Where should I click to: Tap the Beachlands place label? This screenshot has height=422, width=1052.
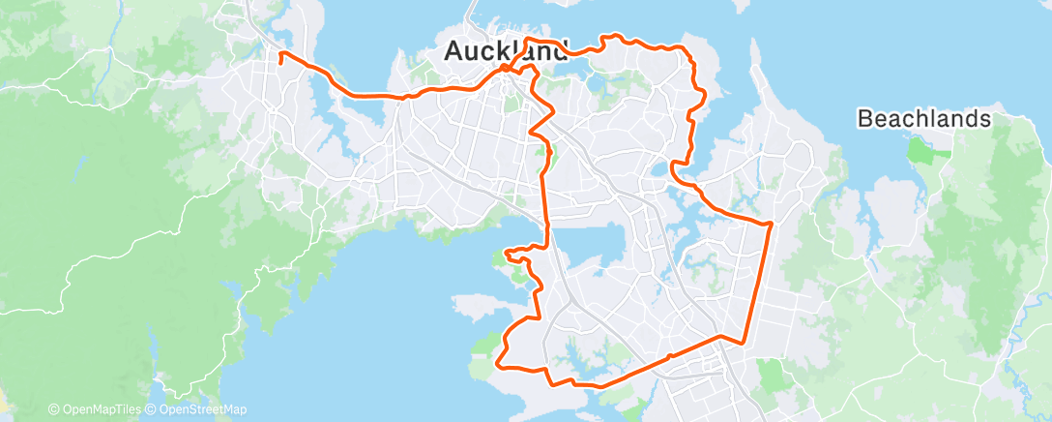[x=925, y=119]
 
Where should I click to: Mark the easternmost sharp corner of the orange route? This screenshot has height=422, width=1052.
[x=771, y=224]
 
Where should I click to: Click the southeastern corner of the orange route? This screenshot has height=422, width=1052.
[x=742, y=342]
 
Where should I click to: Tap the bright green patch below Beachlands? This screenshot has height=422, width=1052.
[x=916, y=151]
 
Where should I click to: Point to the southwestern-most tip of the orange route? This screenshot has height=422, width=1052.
[x=498, y=365]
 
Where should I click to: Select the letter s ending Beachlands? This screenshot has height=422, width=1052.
[x=986, y=119]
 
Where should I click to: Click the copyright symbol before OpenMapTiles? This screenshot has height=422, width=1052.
[x=54, y=409]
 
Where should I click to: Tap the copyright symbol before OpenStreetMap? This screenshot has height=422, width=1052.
[x=150, y=409]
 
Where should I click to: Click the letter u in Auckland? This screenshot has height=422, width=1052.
[x=474, y=53]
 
